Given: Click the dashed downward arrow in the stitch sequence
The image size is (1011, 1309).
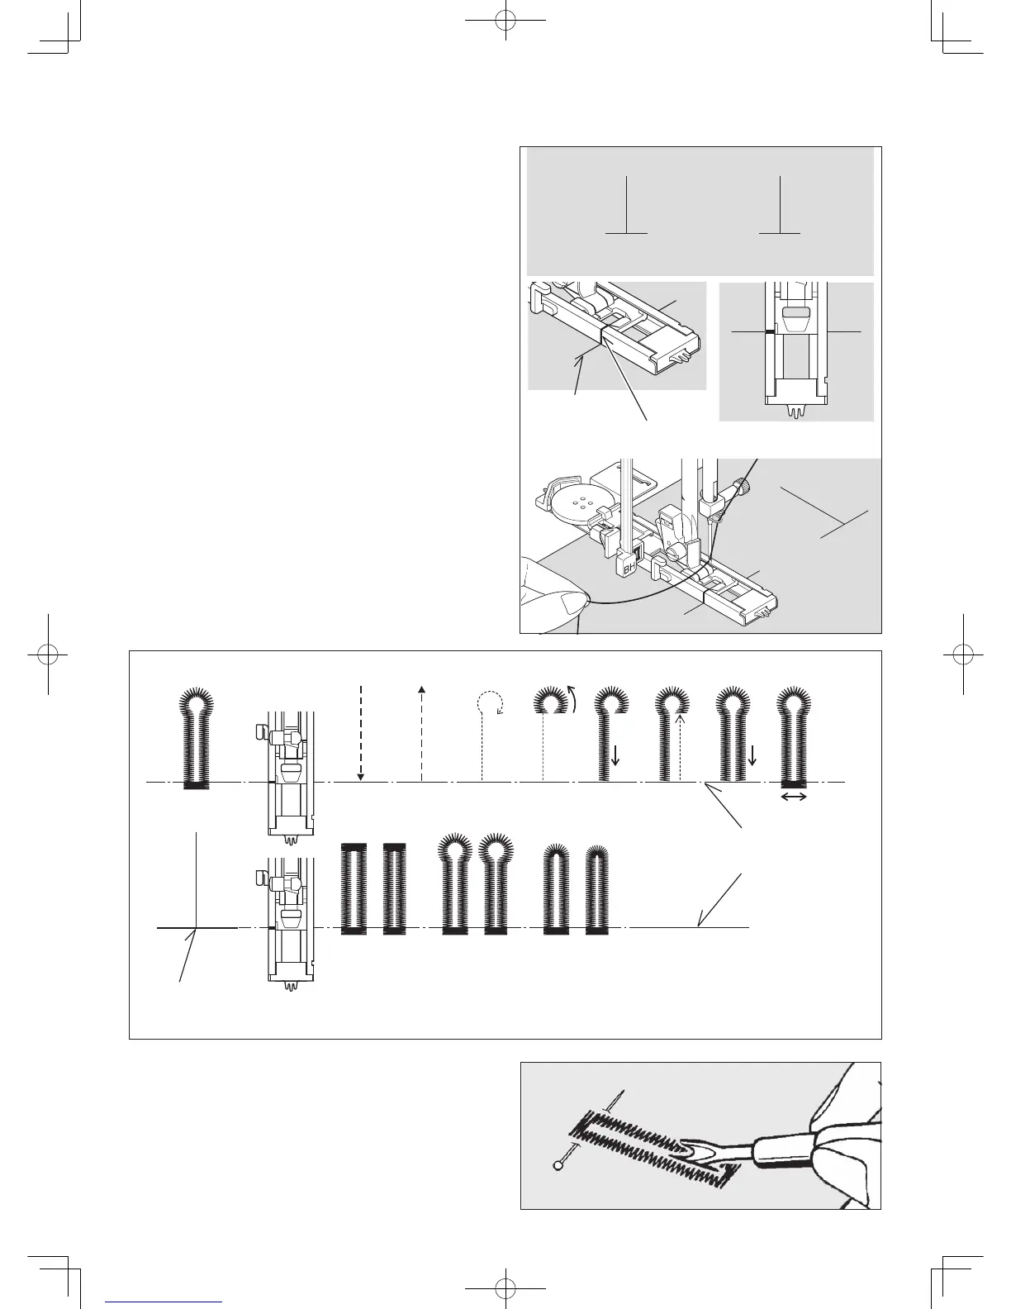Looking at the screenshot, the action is point(361,732).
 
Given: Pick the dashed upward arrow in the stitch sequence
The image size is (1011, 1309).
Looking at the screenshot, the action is point(422,732).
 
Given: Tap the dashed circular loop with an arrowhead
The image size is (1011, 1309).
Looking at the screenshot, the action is point(490,703).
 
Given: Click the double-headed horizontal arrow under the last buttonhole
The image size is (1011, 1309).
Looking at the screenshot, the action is point(794,797).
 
